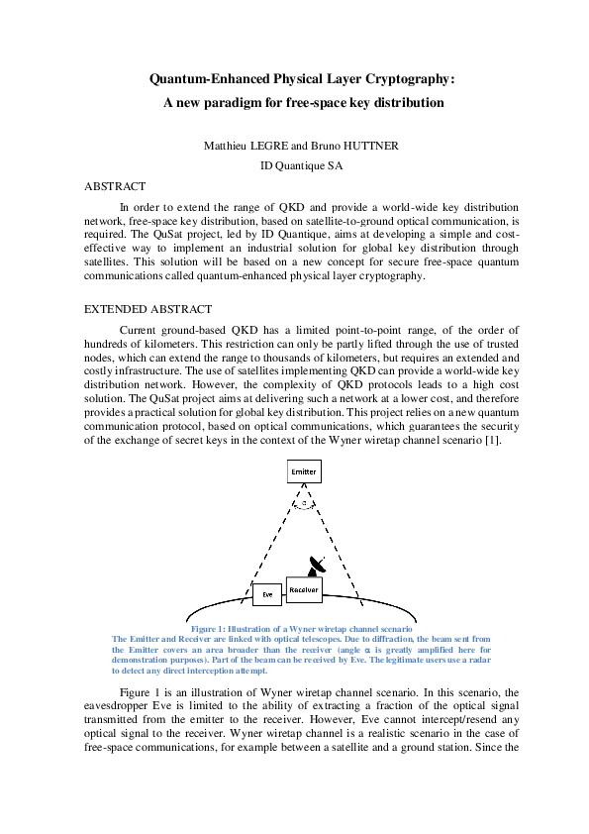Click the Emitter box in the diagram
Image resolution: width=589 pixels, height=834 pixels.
pyautogui.click(x=304, y=471)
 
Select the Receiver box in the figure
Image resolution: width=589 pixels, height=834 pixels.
pyautogui.click(x=304, y=589)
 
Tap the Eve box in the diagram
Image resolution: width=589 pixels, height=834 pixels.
pyautogui.click(x=267, y=594)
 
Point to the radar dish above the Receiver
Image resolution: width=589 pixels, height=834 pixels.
pyautogui.click(x=316, y=565)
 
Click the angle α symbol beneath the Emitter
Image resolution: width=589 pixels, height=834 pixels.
pyautogui.click(x=304, y=503)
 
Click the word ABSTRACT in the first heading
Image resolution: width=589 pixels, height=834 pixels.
pyautogui.click(x=116, y=186)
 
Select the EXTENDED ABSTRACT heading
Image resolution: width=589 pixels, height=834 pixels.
pyautogui.click(x=147, y=310)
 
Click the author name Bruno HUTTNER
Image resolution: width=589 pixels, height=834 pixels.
pyautogui.click(x=360, y=146)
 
